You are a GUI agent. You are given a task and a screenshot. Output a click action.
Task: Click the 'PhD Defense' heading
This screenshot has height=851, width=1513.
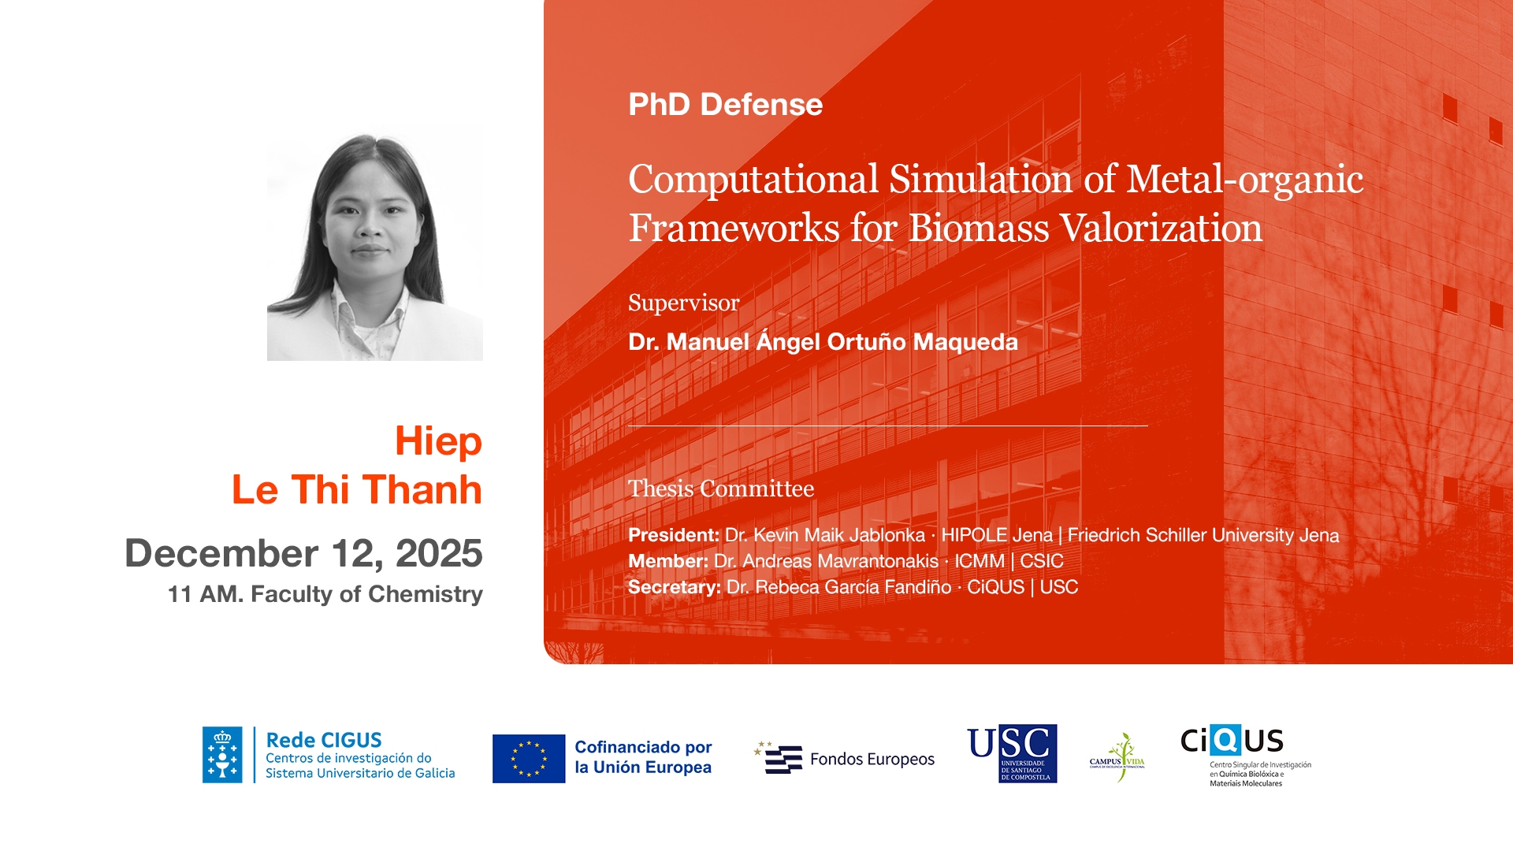coord(725,105)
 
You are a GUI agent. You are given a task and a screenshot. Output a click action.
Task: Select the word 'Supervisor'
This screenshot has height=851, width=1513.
coord(683,303)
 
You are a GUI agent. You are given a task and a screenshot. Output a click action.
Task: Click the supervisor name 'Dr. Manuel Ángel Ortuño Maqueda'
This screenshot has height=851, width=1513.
coord(823,341)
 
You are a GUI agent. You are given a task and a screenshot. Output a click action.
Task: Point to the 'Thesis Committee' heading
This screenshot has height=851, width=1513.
coord(721,489)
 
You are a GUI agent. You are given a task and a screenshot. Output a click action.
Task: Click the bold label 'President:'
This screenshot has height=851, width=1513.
coord(674,535)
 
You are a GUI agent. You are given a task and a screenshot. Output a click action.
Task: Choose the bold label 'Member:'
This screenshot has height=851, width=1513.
coord(668,561)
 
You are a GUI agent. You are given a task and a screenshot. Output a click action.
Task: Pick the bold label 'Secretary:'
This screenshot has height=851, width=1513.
coord(675,587)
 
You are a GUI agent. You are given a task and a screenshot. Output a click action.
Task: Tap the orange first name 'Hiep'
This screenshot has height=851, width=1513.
coord(438,442)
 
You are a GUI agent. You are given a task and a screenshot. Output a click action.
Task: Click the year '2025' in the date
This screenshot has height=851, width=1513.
coord(439,552)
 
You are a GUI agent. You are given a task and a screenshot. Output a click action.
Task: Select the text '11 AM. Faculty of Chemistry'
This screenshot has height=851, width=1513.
coord(325,594)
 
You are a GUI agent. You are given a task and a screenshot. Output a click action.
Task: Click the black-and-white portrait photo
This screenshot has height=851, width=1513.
coord(375,243)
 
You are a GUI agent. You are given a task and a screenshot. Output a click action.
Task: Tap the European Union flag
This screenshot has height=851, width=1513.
coord(529,759)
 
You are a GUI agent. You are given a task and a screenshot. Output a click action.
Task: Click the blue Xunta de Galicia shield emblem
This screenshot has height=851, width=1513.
coord(222,755)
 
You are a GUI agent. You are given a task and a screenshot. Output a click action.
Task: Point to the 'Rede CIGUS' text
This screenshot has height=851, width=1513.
coord(324,740)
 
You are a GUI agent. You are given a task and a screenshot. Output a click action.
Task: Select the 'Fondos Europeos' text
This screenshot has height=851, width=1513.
coord(872,759)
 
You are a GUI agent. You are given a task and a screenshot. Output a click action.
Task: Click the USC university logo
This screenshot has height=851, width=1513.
coord(1013,754)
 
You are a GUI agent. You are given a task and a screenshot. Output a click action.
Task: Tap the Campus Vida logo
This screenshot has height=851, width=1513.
coord(1117,756)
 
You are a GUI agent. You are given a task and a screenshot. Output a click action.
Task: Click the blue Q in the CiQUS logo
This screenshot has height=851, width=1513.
coord(1226,740)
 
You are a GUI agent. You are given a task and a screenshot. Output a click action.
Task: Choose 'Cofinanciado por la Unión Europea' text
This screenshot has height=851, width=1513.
coord(643,757)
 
